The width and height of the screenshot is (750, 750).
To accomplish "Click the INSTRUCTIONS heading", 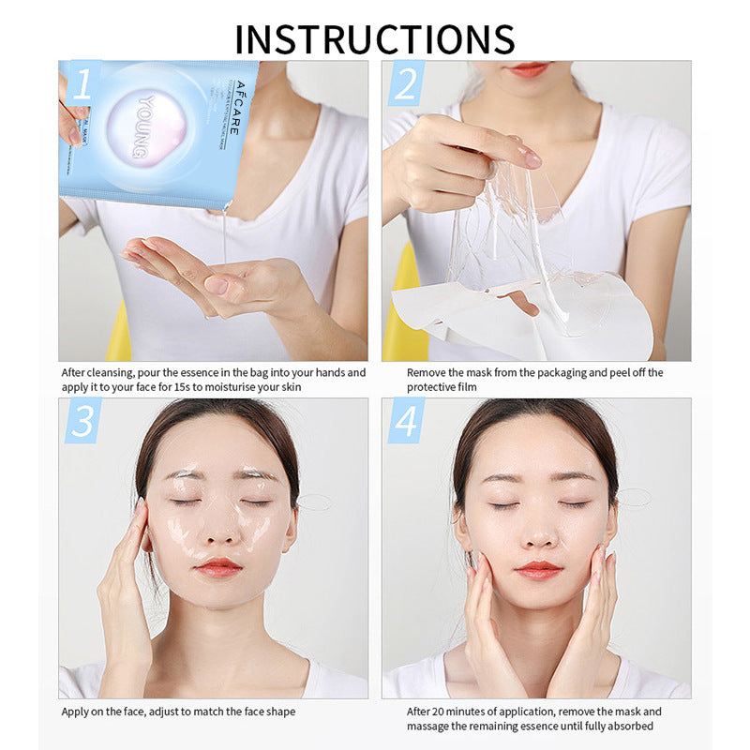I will coord(375,38).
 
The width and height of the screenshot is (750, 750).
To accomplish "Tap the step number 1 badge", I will coord(82,84).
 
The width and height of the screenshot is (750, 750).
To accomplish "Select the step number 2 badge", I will coord(405,84).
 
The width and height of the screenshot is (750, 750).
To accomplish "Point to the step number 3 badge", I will coord(82,421).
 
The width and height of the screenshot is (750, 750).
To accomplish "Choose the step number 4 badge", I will coord(405,421).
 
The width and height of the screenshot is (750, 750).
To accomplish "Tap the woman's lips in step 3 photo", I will coord(218,567).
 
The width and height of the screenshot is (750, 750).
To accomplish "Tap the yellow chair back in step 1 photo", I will coord(119,333).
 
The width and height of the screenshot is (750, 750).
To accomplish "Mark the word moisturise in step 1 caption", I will coord(255,387).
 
